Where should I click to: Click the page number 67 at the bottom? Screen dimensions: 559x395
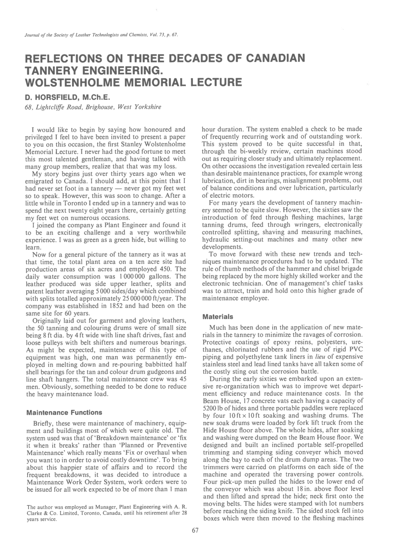tap(195, 531)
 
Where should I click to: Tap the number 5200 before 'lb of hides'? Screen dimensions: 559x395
tap(209, 408)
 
